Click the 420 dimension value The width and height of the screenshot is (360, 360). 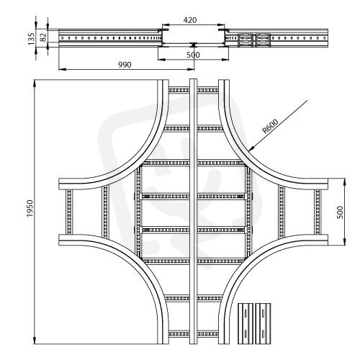pos(190,20)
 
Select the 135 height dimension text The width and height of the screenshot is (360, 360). pos(31,39)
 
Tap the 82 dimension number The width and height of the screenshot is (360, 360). pos(43,37)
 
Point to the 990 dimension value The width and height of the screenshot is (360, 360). pos(125,65)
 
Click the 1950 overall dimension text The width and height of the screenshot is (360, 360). pos(30,208)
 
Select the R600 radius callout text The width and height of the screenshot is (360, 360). pos(270,126)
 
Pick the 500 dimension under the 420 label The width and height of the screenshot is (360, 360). pos(193,55)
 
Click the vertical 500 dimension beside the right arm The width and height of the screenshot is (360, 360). pos(340,212)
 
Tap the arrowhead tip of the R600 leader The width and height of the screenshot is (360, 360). pos(249,151)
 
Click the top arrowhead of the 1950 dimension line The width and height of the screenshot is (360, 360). pos(35,80)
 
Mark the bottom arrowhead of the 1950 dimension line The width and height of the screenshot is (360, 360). pos(35,344)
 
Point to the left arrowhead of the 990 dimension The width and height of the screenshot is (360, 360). pos(59,70)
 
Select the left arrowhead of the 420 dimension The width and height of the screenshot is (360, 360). pos(162,24)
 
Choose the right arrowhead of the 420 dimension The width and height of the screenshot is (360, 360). pos(225,24)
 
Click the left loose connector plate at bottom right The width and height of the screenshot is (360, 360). pos(246,323)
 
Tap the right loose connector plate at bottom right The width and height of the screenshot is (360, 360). pos(264,323)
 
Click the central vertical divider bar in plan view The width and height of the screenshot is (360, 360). pos(193,212)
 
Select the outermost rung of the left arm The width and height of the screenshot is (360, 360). pos(69,212)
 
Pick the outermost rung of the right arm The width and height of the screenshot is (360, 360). pos(318,212)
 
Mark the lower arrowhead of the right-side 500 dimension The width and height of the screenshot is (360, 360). pos(345,245)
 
